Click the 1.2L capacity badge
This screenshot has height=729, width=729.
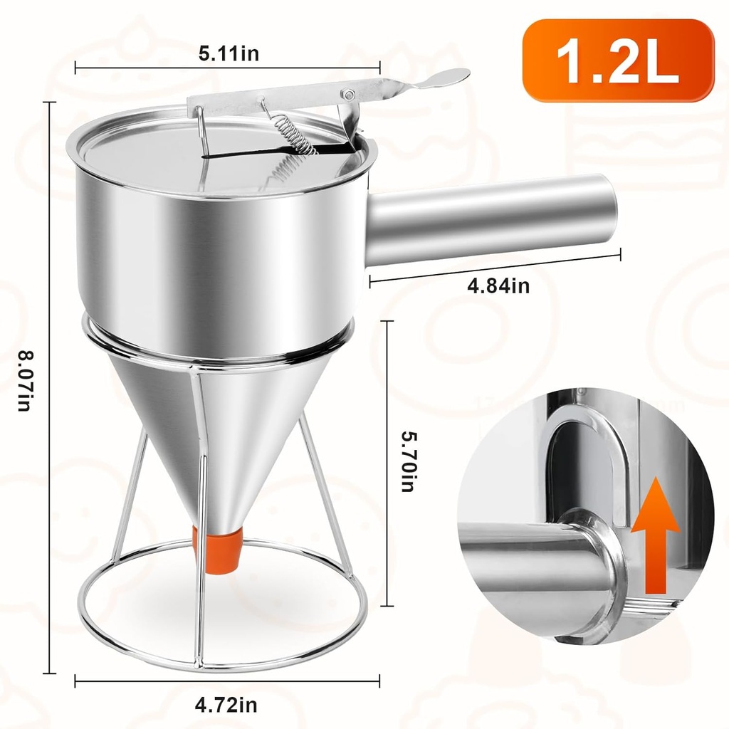tap(618, 61)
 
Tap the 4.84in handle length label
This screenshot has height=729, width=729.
tap(498, 286)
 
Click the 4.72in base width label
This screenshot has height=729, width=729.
tap(226, 706)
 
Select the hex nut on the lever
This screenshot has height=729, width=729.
tap(348, 94)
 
